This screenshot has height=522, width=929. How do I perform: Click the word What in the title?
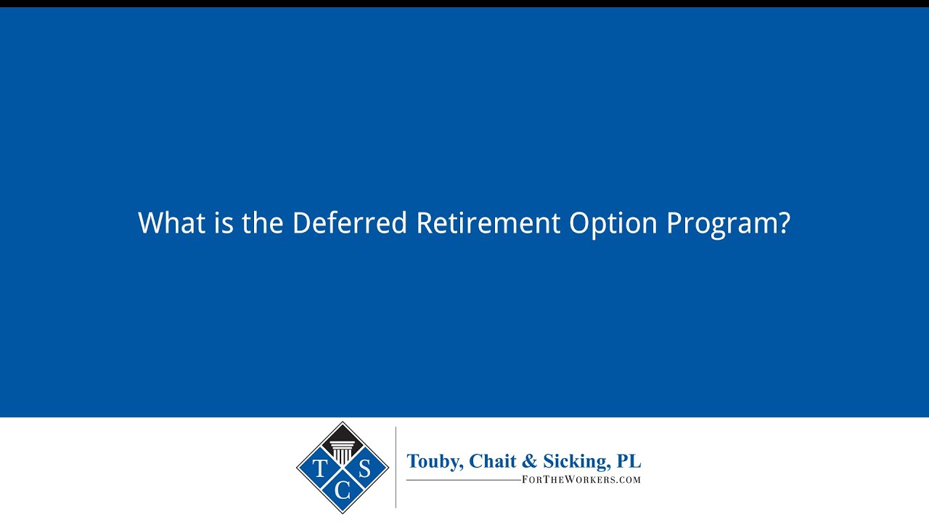click(x=172, y=223)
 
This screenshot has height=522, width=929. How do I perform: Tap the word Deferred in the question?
click(x=350, y=223)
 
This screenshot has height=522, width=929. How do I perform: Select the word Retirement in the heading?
click(x=488, y=223)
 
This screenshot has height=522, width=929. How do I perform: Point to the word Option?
click(x=613, y=224)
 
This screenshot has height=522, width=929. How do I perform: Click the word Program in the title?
click(x=722, y=225)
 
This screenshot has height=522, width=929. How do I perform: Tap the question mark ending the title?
click(x=785, y=223)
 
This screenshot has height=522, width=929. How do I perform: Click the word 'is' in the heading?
click(x=224, y=223)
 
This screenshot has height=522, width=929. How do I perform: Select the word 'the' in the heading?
click(x=263, y=223)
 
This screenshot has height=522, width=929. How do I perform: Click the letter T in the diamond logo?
click(x=320, y=468)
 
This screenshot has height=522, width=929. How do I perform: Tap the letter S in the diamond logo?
click(x=364, y=468)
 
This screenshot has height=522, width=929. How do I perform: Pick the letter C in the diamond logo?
click(x=342, y=491)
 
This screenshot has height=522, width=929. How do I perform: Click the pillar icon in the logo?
click(x=342, y=452)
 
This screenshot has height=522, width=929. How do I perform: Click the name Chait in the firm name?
click(x=493, y=460)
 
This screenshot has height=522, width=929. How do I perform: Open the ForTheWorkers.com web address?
click(x=581, y=480)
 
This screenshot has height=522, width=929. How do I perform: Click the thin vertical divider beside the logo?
click(x=396, y=468)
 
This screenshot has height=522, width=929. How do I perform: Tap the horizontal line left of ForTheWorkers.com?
click(x=464, y=480)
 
